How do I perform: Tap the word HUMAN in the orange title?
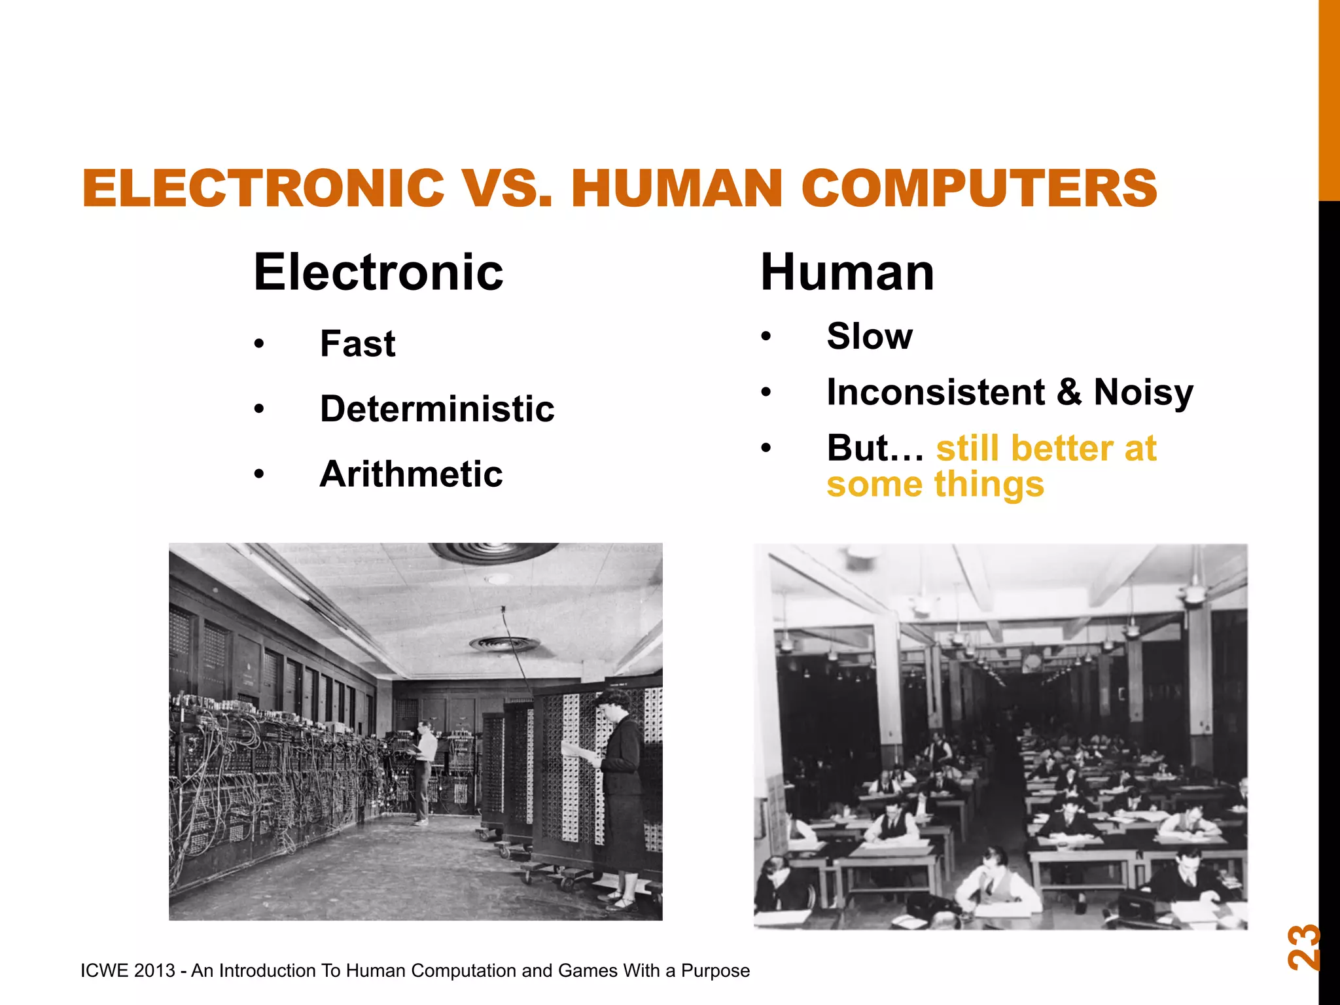tap(677, 188)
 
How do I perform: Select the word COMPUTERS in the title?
tap(979, 188)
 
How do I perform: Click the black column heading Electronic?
tap(378, 272)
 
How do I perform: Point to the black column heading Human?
tap(847, 272)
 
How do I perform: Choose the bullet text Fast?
tap(357, 344)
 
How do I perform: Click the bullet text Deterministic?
tap(436, 410)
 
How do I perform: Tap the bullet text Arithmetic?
tap(411, 474)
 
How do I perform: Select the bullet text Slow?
tap(869, 337)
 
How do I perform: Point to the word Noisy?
tap(1143, 393)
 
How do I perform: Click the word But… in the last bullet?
tap(875, 449)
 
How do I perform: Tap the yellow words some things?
tap(935, 485)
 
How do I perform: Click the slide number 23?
tap(1303, 947)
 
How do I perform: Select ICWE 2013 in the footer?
tap(128, 970)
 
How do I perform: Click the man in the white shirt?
tap(425, 769)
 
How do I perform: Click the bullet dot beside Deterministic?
tap(260, 410)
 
